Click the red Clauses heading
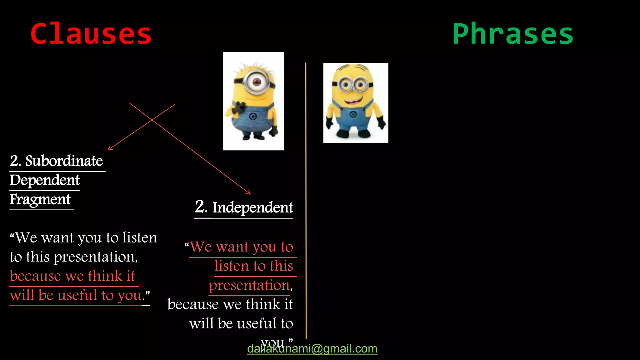(91, 34)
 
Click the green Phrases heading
(512, 34)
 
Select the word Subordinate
(64, 161)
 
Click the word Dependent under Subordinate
(45, 180)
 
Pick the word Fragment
(40, 199)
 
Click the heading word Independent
(252, 207)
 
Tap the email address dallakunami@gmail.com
(312, 349)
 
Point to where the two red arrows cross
(152, 119)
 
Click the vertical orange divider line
(306, 200)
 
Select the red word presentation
(249, 285)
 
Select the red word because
(35, 276)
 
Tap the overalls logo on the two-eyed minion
(353, 115)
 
